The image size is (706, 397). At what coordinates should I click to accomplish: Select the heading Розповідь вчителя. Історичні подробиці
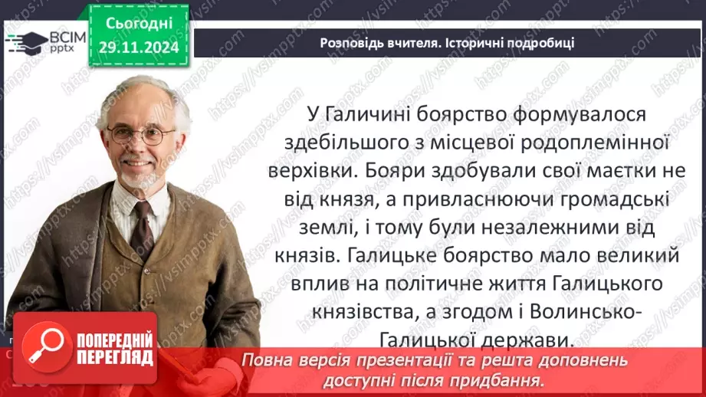click(x=447, y=43)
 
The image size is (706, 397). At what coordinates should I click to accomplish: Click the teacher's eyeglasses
click(x=142, y=136)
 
